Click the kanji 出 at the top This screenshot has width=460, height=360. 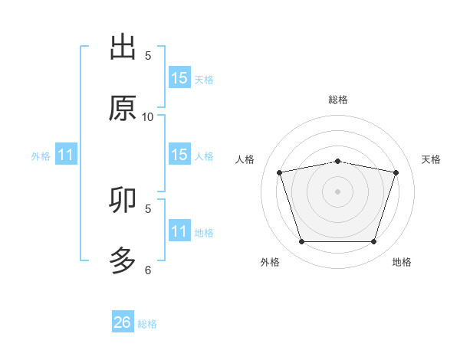123,47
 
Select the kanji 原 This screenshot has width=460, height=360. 123,108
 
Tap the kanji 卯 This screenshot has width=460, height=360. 123,200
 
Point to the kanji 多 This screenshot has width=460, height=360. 123,260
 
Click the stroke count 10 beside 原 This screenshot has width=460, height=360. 147,117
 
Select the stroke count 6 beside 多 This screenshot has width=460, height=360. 148,270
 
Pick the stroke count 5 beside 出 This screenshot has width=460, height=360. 148,56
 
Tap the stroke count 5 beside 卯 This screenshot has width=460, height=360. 148,209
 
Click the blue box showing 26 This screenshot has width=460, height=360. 123,321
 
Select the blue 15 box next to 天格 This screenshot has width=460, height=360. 180,77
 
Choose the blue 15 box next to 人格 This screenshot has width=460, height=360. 180,154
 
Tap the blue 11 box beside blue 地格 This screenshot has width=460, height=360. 180,230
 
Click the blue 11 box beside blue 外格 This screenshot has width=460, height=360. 66,154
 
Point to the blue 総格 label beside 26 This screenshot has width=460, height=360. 147,324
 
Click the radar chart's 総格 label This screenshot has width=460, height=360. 338,100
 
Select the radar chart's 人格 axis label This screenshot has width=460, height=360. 245,159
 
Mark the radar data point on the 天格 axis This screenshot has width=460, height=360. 396,172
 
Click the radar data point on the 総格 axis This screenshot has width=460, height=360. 338,162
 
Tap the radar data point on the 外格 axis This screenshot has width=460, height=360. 302,241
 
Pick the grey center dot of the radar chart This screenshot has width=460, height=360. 337,191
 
